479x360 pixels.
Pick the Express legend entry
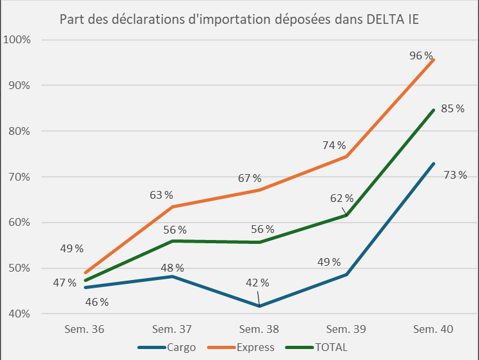(255, 347)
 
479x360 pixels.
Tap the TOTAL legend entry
(331, 347)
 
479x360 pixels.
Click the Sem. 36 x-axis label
(84, 329)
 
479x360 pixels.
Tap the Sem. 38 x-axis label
(259, 329)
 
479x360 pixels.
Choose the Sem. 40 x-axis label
(433, 329)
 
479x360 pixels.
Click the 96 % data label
(420, 56)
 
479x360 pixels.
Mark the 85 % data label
(453, 108)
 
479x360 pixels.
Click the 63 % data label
(162, 194)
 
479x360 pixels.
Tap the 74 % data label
(335, 146)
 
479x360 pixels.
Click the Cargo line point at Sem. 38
(259, 306)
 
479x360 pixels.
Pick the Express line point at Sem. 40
(434, 59)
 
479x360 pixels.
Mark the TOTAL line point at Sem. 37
(172, 241)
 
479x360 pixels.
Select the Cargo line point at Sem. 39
(347, 275)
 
